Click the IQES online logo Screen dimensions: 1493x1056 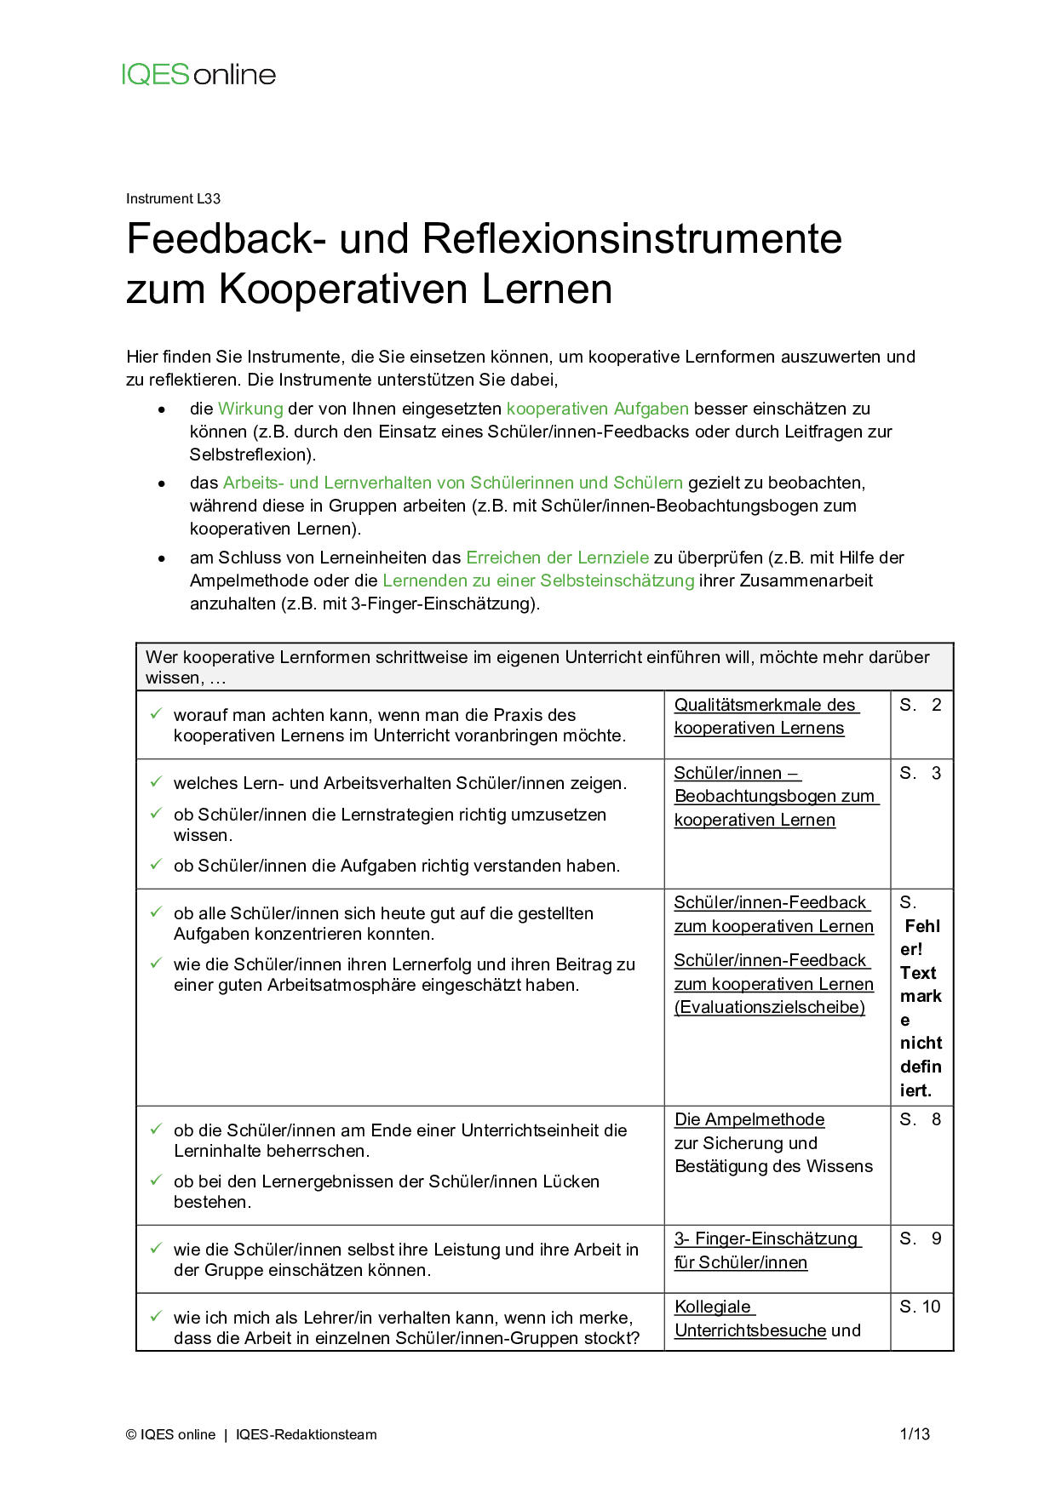click(x=198, y=75)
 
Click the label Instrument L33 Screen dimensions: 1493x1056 click(x=173, y=199)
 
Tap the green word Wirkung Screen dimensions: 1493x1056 click(x=250, y=409)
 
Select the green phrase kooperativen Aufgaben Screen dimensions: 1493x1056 click(x=597, y=409)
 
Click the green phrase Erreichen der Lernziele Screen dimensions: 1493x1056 click(x=557, y=558)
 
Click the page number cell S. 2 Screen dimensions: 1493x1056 click(x=921, y=705)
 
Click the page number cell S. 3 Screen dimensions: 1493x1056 click(x=921, y=773)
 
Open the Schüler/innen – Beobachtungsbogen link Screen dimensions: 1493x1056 click(x=774, y=797)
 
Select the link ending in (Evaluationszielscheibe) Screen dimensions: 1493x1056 click(x=772, y=984)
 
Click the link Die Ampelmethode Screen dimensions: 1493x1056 click(x=749, y=1120)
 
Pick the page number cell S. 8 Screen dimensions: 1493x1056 click(x=921, y=1120)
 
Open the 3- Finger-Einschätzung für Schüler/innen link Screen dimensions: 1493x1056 click(x=766, y=1250)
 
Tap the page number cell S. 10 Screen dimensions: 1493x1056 click(x=921, y=1307)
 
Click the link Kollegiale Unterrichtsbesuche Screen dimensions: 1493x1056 click(x=749, y=1319)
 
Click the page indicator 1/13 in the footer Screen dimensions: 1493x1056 click(x=915, y=1434)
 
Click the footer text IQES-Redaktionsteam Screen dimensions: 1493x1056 click(x=306, y=1435)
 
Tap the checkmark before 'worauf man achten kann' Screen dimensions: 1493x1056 click(x=156, y=714)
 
